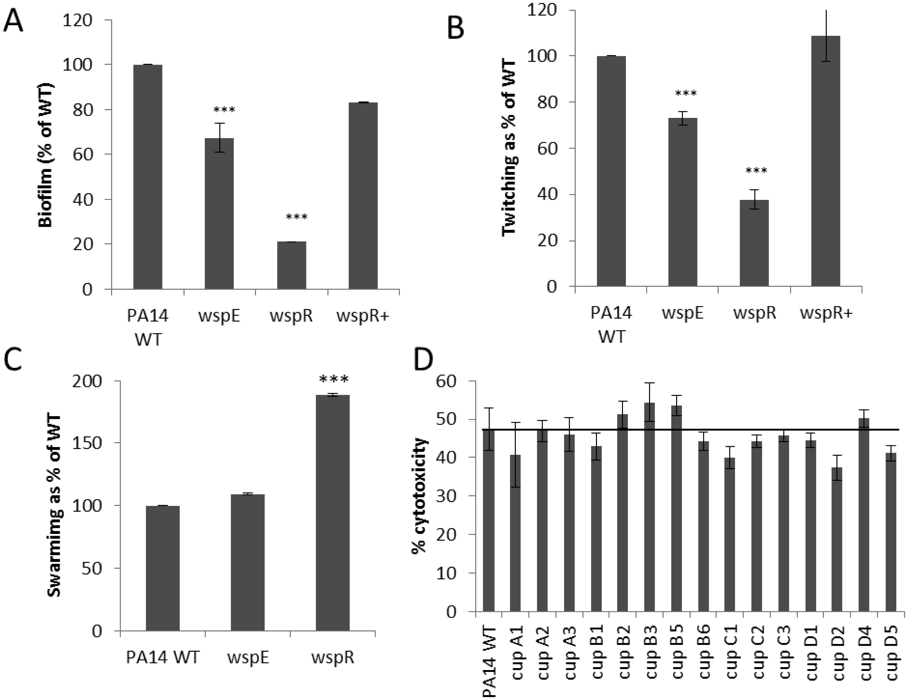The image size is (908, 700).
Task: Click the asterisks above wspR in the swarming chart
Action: click(x=334, y=379)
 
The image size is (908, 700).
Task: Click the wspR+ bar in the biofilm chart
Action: click(x=363, y=195)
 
